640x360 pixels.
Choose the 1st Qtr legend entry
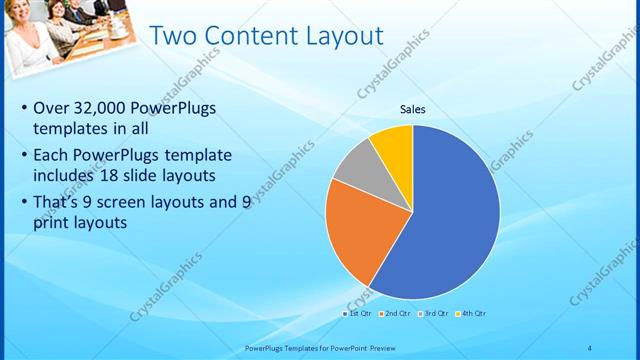[357, 314]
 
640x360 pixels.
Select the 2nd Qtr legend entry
[396, 314]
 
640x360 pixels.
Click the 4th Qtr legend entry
[472, 314]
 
